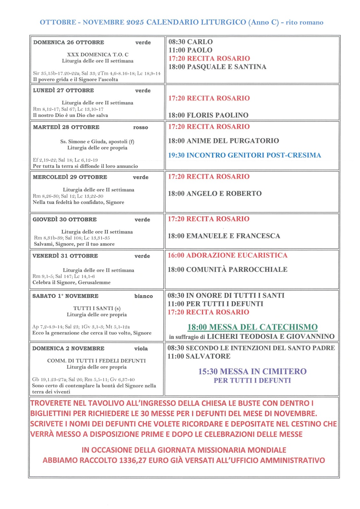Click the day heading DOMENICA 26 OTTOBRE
[x=68, y=42]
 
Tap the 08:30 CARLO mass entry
[x=190, y=42]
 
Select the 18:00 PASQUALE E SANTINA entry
[x=217, y=67]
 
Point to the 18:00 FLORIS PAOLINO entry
[x=208, y=115]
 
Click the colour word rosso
[x=140, y=128]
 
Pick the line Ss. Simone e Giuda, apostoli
[x=97, y=142]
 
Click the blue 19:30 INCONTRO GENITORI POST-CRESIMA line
[x=244, y=155]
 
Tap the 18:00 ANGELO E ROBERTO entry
[x=215, y=193]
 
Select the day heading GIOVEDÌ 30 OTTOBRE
[x=65, y=220]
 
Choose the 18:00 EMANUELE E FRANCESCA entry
[x=224, y=236]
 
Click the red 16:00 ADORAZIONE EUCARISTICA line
[x=227, y=255]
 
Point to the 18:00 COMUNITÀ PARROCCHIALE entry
[x=227, y=270]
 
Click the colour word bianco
[x=143, y=296]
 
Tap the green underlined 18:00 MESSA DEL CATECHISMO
[x=252, y=327]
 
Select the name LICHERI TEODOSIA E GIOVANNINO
[x=271, y=337]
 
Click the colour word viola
[x=141, y=349]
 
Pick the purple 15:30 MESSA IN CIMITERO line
[x=252, y=372]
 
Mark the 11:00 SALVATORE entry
[x=199, y=356]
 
